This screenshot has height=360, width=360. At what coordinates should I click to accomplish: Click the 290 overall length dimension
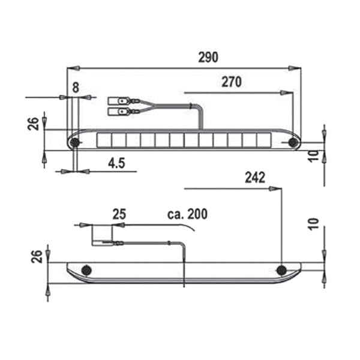pos(208,58)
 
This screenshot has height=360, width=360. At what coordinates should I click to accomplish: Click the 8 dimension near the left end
pos(75,88)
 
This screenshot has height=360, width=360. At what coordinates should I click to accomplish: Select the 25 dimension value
pos(119,214)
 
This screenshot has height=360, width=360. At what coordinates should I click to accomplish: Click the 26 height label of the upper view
pos(34,123)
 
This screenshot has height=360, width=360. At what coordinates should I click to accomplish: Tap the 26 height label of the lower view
pos(37,257)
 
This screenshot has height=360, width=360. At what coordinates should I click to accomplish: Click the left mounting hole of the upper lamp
pos(74,142)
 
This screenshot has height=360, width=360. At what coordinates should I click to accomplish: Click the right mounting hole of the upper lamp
pos(293,142)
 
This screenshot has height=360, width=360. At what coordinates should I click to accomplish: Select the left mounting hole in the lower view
pos(86,271)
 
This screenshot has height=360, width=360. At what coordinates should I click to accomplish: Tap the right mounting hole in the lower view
pos(281,271)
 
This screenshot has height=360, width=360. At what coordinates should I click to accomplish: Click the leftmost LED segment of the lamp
pos(104,140)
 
